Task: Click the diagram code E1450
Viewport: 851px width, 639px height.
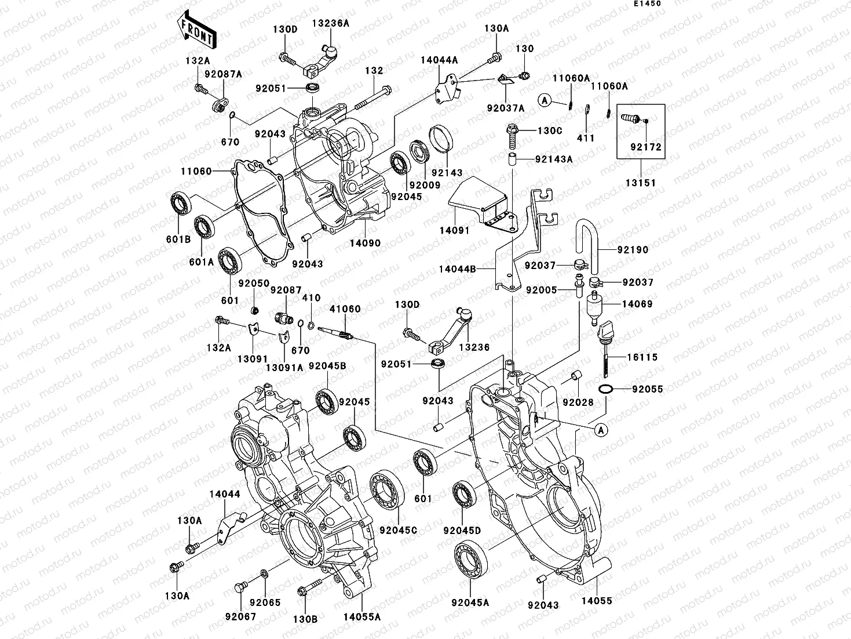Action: pyautogui.click(x=647, y=3)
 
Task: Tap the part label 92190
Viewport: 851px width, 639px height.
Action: pyautogui.click(x=633, y=250)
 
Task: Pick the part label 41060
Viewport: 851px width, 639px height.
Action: pyautogui.click(x=345, y=309)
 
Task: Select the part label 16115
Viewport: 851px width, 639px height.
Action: pyautogui.click(x=642, y=358)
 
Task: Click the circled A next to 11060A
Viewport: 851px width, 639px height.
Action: pyautogui.click(x=545, y=100)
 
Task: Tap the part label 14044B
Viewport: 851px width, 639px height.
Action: pyautogui.click(x=457, y=269)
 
